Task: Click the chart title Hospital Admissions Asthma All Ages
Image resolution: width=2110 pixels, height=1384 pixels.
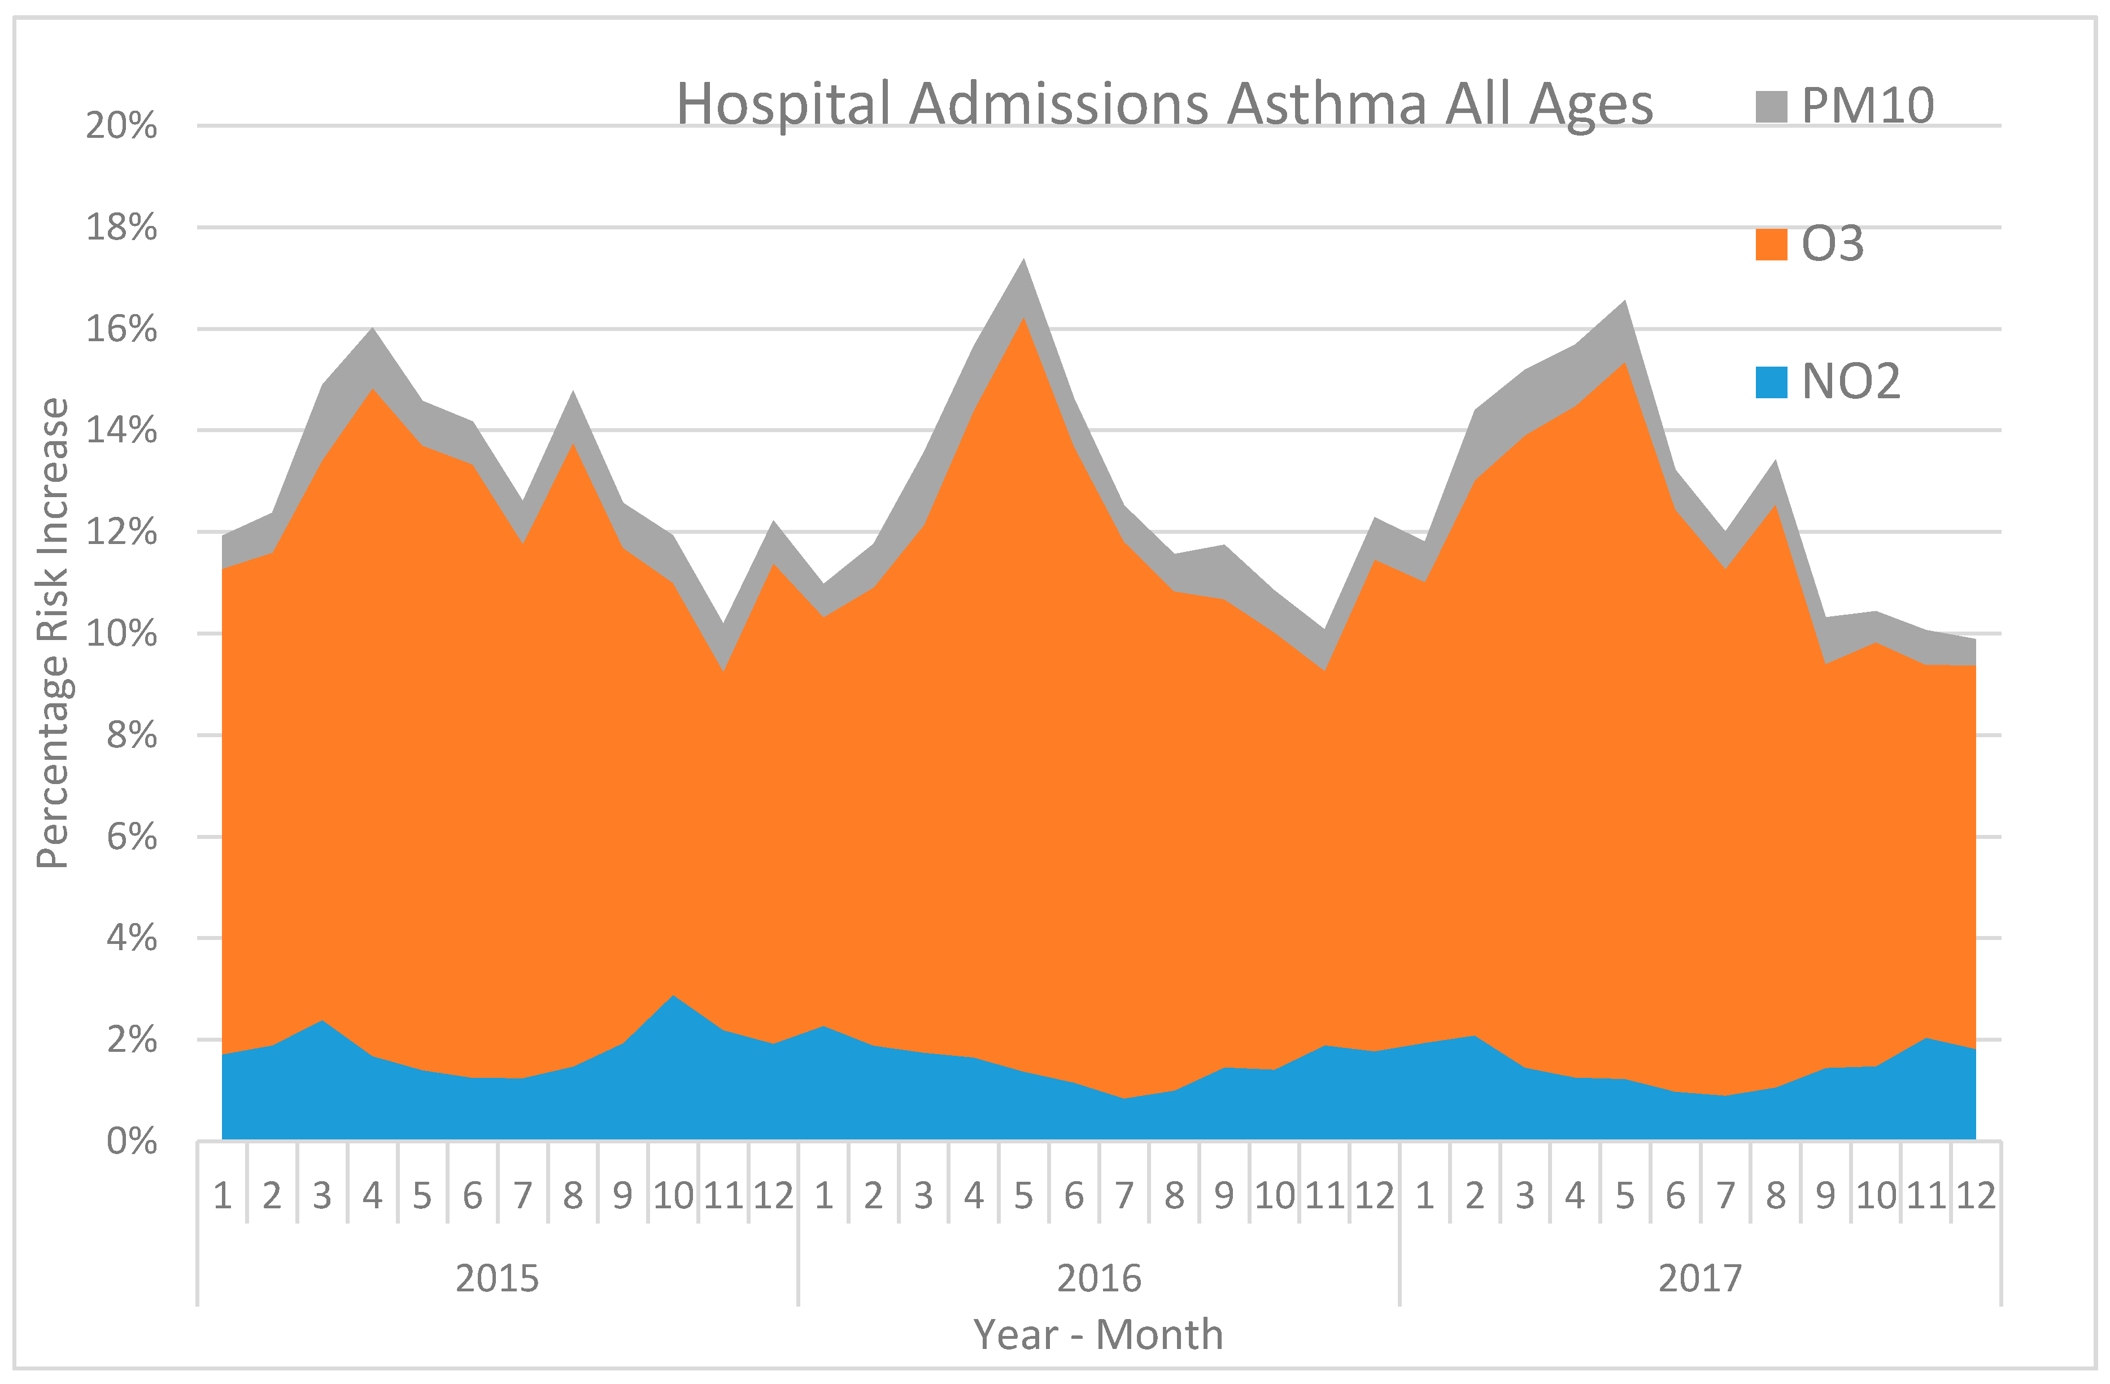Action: pyautogui.click(x=1163, y=105)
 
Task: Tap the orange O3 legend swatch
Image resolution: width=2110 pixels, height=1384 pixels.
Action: pyautogui.click(x=1771, y=244)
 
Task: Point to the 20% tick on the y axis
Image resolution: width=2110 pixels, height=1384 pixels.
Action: pyautogui.click(x=121, y=126)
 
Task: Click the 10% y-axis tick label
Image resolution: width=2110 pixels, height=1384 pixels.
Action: pyautogui.click(x=121, y=634)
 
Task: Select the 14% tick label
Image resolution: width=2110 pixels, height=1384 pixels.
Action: pyautogui.click(x=121, y=431)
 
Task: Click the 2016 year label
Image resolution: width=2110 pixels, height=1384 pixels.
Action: pyautogui.click(x=1098, y=1278)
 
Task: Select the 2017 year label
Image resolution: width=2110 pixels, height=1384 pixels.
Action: pyautogui.click(x=1699, y=1278)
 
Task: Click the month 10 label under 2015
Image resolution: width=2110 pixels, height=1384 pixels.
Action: pyautogui.click(x=673, y=1196)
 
